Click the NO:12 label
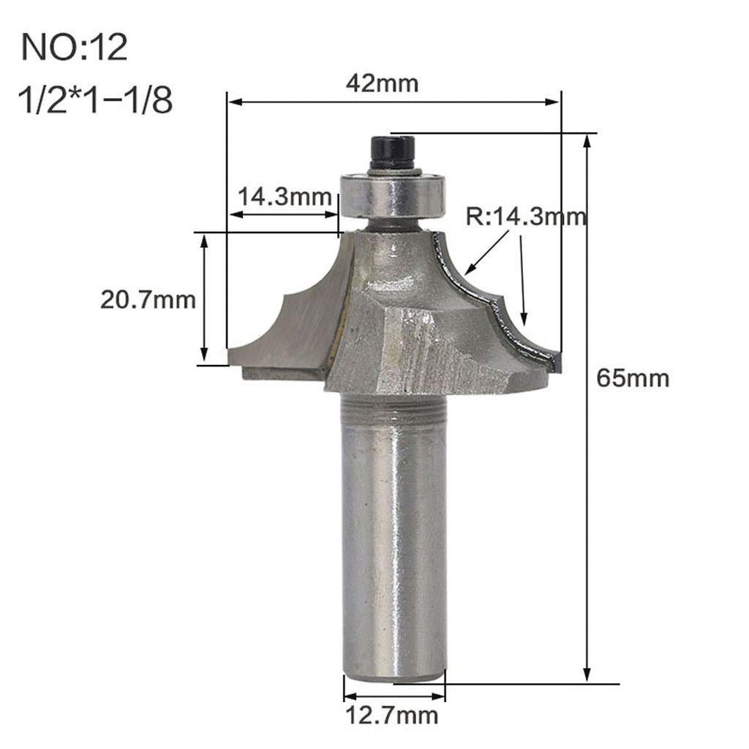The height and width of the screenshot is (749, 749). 75,48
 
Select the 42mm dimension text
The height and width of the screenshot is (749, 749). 383,83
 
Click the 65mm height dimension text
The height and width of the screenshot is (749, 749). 633,378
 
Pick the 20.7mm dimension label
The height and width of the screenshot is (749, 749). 148,299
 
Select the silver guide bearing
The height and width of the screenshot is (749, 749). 392,193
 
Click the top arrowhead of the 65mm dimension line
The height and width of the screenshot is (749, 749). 587,140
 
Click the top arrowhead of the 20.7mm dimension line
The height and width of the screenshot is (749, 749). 205,241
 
